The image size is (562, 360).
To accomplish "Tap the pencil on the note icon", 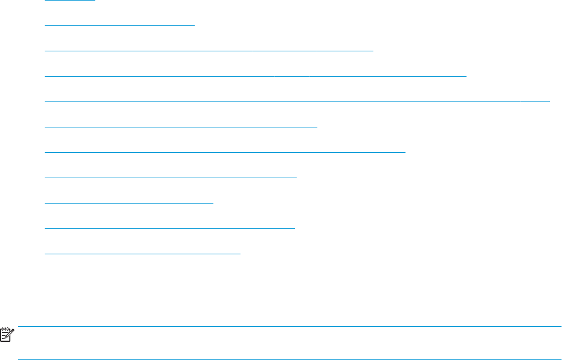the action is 10,333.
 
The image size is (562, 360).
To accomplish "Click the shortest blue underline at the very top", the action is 70,1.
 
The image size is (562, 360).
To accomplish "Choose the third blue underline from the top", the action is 209,51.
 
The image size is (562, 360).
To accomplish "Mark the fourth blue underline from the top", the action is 256,76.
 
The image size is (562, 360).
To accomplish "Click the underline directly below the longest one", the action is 181,127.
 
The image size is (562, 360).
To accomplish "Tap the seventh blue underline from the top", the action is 225,152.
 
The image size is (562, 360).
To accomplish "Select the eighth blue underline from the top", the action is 171,178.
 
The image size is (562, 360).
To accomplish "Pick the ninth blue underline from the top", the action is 129,203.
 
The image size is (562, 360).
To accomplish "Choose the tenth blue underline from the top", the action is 170,228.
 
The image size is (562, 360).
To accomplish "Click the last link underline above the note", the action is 143,254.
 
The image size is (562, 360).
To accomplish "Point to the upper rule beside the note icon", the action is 290,327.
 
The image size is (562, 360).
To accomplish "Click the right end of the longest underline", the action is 548,101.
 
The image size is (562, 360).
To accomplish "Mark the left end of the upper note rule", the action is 19,327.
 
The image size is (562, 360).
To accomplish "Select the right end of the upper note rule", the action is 560,327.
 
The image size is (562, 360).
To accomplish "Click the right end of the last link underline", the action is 239,254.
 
